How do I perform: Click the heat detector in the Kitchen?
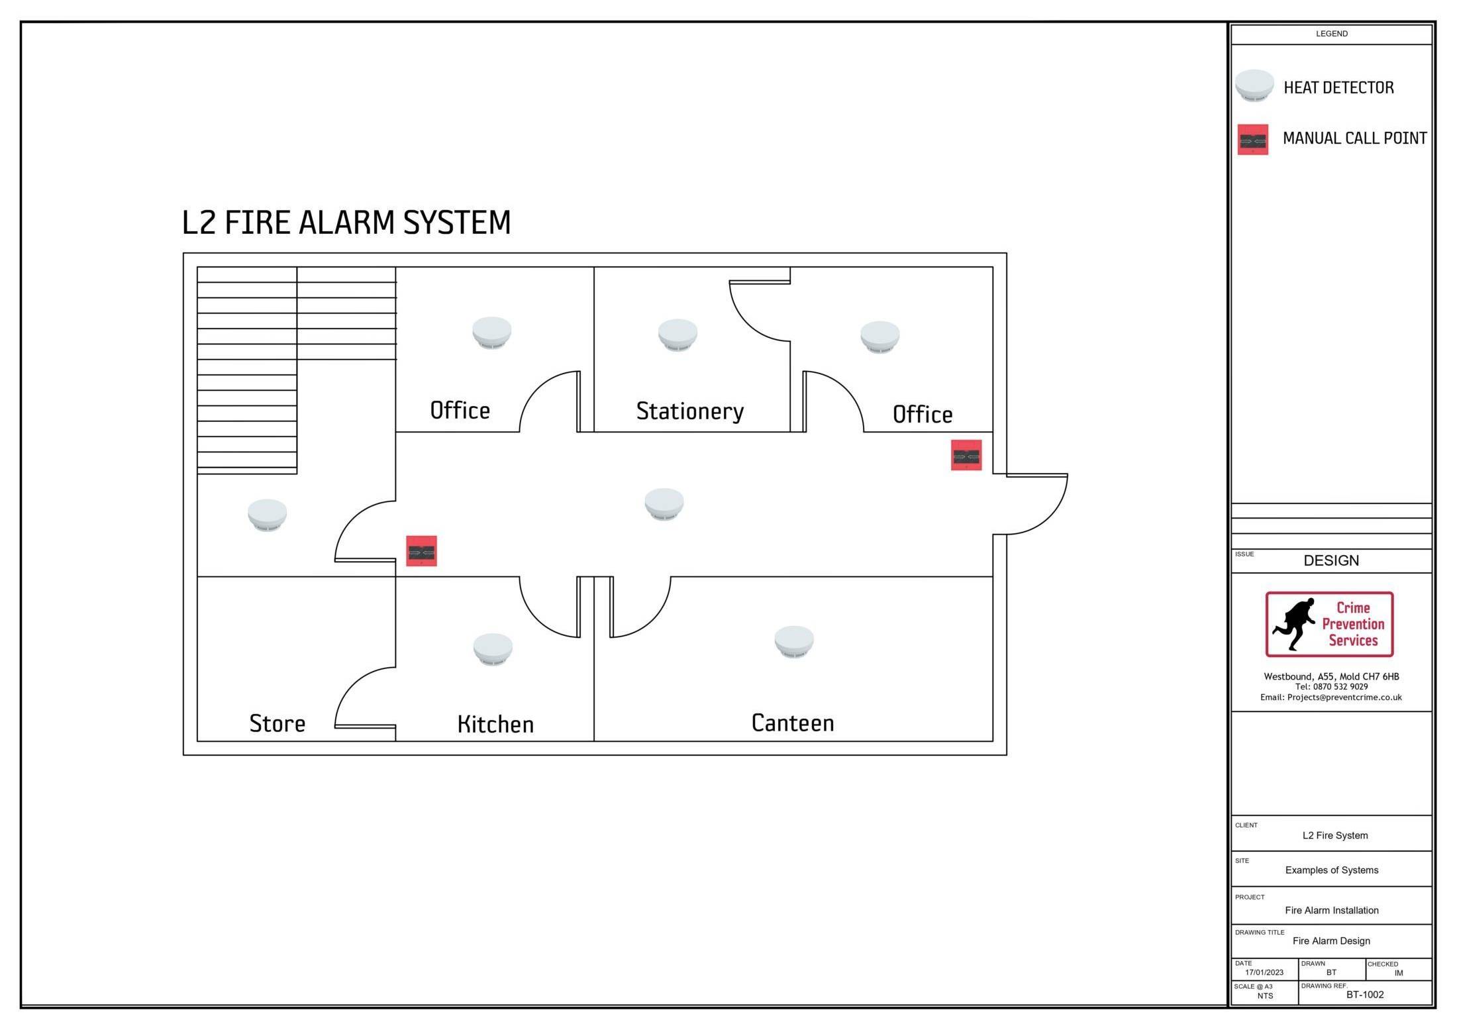click(x=493, y=649)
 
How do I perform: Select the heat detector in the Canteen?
click(x=794, y=641)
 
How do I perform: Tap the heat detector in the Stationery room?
click(x=677, y=335)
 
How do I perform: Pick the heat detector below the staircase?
click(x=267, y=515)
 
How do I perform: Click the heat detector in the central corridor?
click(x=664, y=504)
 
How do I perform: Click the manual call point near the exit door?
click(x=966, y=455)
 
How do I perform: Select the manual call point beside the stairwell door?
click(x=421, y=551)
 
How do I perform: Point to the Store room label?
click(x=277, y=723)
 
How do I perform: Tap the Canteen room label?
click(x=793, y=723)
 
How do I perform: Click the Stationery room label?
click(x=689, y=411)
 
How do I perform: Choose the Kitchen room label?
click(x=495, y=724)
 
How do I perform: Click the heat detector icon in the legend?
click(x=1254, y=86)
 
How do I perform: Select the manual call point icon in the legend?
click(x=1253, y=140)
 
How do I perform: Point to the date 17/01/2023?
click(x=1264, y=972)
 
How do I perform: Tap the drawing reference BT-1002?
click(x=1364, y=994)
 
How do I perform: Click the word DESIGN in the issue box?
click(x=1331, y=560)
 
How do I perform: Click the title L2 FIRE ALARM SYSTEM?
click(x=346, y=223)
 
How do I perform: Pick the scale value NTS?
click(x=1265, y=996)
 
